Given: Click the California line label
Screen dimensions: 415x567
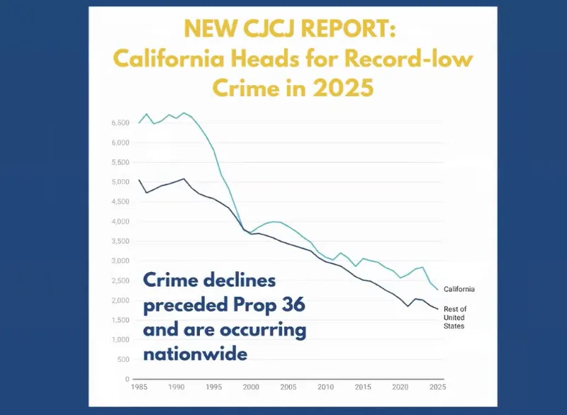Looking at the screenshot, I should click(459, 289).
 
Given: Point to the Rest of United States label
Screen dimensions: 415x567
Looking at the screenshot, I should click(454, 316).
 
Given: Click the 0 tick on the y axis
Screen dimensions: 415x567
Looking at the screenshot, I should click(126, 380).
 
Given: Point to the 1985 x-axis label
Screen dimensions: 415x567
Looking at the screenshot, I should click(140, 389).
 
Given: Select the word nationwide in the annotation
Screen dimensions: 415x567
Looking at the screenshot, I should click(195, 352).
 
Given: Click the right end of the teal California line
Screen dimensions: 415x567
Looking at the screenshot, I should click(438, 289).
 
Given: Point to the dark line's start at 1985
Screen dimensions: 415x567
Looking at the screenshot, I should click(139, 180).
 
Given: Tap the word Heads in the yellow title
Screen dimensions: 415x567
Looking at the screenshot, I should click(275, 59).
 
